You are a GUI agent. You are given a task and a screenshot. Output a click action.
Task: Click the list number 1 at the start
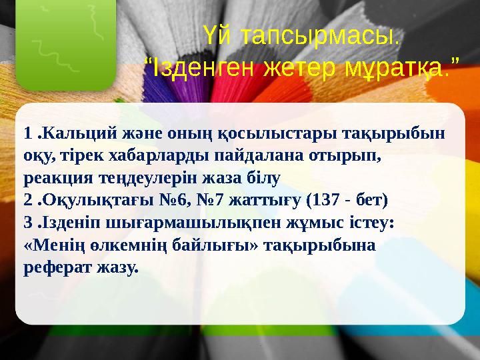[x=27, y=133]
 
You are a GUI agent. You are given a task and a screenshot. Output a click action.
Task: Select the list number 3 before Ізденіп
[x=27, y=223]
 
